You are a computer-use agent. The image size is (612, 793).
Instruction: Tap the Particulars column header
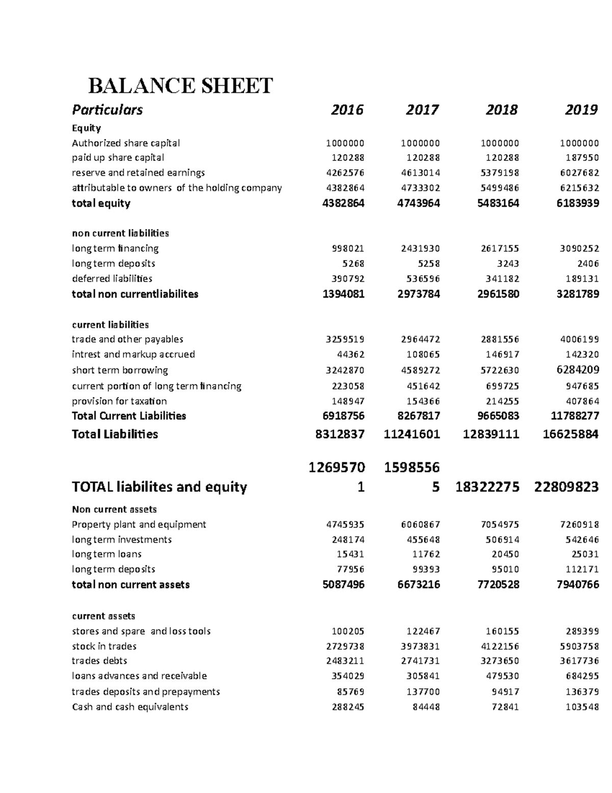coord(107,110)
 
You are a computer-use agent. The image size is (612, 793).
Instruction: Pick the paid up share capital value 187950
coord(581,158)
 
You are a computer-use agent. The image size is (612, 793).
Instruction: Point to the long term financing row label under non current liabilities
coord(115,249)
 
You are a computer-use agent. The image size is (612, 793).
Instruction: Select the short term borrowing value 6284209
coord(578,370)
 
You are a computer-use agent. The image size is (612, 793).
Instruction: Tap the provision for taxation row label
coord(119,401)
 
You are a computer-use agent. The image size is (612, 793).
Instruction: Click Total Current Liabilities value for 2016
coord(343,416)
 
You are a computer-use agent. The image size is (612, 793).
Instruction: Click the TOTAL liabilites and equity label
coord(159,487)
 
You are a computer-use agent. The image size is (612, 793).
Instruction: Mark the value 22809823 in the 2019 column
coord(566,487)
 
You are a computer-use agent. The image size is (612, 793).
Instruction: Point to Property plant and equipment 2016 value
coord(345,524)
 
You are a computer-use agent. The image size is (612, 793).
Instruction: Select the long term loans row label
coord(107,554)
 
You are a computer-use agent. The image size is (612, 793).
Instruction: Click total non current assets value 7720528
coord(498,585)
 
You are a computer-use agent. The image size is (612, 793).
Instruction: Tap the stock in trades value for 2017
coord(420,646)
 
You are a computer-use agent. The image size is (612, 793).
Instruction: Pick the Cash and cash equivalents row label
coord(130,707)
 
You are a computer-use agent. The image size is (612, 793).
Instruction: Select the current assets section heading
coord(104,616)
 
